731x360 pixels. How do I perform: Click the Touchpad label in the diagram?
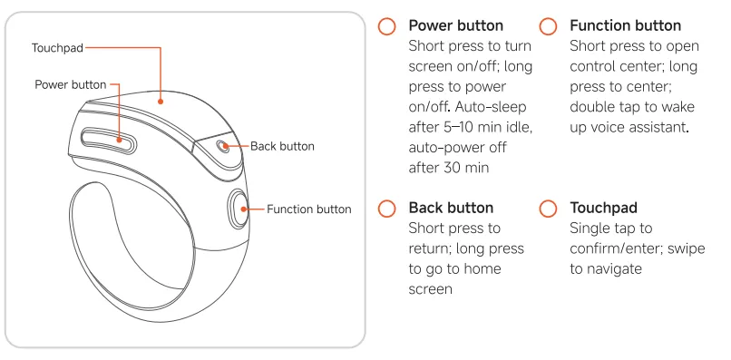(57, 48)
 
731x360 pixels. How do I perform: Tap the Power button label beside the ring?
(71, 85)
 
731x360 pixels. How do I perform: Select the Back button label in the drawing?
(283, 146)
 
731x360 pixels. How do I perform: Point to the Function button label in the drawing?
(309, 209)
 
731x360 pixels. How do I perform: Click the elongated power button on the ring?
(109, 139)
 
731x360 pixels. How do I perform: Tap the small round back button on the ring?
(222, 145)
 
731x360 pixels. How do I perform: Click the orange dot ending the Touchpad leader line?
(161, 102)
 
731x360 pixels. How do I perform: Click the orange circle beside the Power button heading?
(386, 26)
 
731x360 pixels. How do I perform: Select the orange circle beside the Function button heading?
(548, 26)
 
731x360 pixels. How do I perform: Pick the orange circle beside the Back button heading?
(386, 209)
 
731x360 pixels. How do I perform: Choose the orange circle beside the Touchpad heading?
(548, 209)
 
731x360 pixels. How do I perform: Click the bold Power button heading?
(456, 25)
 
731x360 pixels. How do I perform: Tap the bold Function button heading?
(625, 25)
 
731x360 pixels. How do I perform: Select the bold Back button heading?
(451, 208)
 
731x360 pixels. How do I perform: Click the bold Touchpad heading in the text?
(603, 208)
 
